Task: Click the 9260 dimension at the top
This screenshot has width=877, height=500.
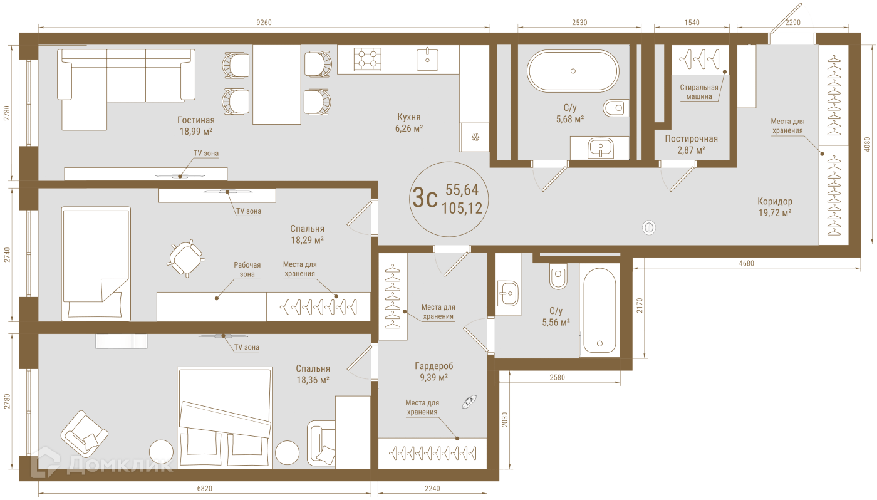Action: coord(264,23)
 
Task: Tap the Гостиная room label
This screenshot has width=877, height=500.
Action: coord(195,120)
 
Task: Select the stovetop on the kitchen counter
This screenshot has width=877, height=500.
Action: coord(367,59)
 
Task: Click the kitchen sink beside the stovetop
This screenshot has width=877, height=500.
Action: coord(427,59)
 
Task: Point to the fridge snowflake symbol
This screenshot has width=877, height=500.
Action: coord(475,137)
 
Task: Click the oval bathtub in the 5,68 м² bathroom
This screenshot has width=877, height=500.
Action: coord(573,71)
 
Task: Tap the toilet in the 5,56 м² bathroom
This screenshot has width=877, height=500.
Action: coord(558,276)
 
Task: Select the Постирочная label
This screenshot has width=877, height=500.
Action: coord(691,138)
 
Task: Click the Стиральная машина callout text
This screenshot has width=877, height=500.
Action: coord(699,92)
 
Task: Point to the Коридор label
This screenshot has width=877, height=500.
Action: coord(774,201)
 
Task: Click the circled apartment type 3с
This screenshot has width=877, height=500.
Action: coord(425,198)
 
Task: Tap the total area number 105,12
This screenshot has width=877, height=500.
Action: coord(462,208)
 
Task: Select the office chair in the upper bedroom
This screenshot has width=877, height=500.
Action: coord(185,258)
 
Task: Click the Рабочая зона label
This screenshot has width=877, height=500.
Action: coord(247,269)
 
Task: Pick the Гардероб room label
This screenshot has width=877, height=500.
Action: coord(433,366)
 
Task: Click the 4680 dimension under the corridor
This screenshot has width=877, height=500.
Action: coord(746,264)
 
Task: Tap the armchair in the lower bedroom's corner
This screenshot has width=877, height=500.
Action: coord(84,434)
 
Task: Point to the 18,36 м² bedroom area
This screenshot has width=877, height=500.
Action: coord(313,380)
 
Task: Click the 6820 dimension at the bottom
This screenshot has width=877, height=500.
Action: coord(204,489)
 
